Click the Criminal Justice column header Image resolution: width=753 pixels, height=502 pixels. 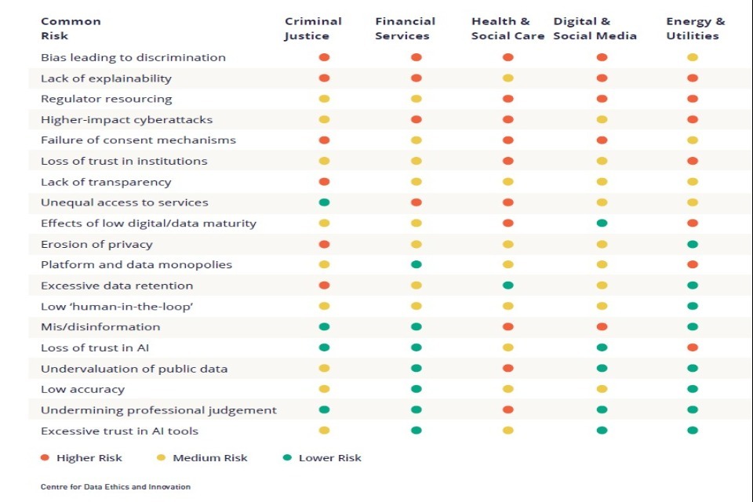click(313, 28)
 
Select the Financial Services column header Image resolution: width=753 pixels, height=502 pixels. click(405, 28)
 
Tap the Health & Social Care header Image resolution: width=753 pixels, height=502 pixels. click(507, 28)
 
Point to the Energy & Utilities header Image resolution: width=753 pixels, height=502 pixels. click(695, 28)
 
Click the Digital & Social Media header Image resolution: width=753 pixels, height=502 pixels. click(595, 28)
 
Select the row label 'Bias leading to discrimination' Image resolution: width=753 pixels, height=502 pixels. click(133, 57)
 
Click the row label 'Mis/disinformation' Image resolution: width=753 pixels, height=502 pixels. click(100, 327)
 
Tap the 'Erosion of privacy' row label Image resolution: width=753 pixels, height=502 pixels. click(96, 244)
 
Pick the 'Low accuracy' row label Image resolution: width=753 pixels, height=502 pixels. click(82, 389)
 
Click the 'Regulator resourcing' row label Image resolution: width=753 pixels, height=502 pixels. click(107, 99)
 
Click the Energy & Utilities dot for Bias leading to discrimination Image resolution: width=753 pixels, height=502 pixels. click(693, 57)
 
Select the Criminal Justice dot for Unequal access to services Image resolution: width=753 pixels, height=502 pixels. click(324, 202)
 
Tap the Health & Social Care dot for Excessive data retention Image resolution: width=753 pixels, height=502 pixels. click(507, 286)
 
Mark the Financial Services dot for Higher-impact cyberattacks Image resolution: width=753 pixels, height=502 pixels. click(416, 119)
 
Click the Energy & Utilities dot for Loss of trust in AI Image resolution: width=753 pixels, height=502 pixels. click(693, 347)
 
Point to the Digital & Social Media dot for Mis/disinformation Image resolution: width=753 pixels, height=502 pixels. click(602, 327)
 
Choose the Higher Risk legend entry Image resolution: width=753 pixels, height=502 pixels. click(82, 458)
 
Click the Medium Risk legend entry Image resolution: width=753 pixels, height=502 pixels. click(202, 458)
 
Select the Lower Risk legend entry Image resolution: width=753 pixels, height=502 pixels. click(322, 458)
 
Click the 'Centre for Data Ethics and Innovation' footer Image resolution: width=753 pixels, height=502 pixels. click(115, 487)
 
